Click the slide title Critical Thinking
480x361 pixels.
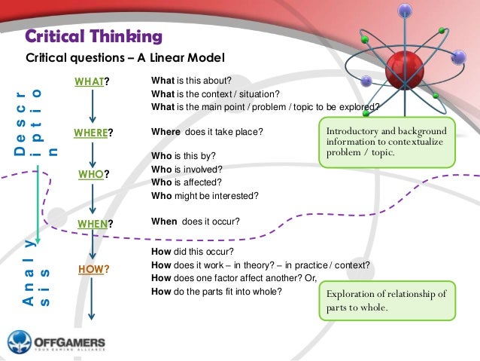pos(94,35)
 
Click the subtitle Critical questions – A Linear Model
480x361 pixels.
pos(126,58)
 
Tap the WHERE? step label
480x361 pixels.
pos(93,134)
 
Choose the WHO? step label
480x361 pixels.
pos(93,175)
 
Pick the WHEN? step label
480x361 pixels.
pos(95,223)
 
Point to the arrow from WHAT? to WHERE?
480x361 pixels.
pos(92,107)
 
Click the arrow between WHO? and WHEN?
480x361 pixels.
pos(92,199)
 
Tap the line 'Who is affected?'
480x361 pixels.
pos(187,182)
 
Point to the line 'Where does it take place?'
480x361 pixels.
pos(207,132)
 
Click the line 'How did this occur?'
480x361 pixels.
pos(193,252)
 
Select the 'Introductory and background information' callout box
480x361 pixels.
pos(387,142)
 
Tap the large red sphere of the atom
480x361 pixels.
pos(405,68)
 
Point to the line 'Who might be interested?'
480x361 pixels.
pos(205,195)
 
